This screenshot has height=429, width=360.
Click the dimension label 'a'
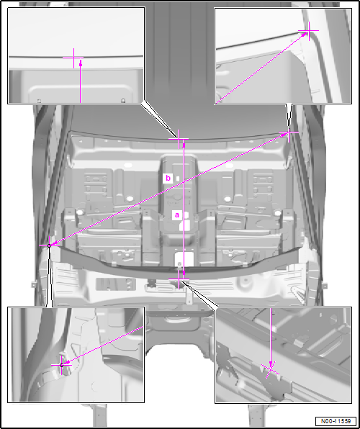[177, 215]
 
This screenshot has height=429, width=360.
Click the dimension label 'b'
[168, 179]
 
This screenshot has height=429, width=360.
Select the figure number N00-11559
[336, 420]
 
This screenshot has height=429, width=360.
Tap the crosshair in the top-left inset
[73, 58]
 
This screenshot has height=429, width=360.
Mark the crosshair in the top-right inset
[309, 31]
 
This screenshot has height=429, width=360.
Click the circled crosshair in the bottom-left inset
[61, 365]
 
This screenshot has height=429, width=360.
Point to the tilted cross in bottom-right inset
[271, 371]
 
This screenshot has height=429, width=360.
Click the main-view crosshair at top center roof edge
[179, 139]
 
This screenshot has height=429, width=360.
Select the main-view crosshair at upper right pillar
[289, 132]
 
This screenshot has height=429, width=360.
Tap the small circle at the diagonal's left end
[49, 245]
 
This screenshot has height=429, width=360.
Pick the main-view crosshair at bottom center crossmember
[179, 279]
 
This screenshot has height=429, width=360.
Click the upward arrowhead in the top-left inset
[81, 63]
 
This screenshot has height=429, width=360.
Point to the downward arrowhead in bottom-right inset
[271, 364]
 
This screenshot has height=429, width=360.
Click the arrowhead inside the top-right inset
[305, 35]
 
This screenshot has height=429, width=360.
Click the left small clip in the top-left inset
[39, 100]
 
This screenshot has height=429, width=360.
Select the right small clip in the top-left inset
[123, 100]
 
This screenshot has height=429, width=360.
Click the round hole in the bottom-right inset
[333, 318]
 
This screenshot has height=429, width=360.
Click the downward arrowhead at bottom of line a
[184, 273]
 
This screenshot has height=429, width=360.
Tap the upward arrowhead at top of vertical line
[184, 145]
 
